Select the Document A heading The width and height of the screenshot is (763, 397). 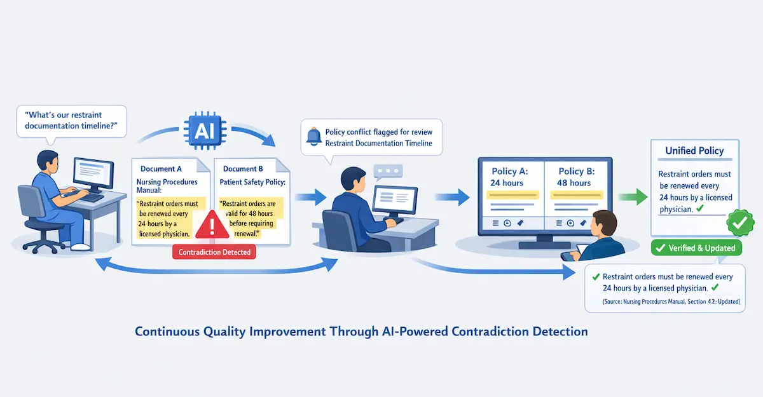tap(161, 169)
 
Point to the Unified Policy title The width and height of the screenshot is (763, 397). tap(694, 151)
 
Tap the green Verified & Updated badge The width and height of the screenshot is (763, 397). tap(696, 248)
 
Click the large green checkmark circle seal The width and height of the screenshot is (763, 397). tap(739, 224)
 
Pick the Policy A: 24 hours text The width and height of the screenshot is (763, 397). tap(507, 177)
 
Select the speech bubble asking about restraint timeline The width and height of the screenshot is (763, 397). tap(71, 120)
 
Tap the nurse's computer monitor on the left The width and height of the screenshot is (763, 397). tap(93, 172)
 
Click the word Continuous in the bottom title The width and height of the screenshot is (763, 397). tap(167, 332)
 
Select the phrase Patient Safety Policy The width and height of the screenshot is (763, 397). tap(252, 182)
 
